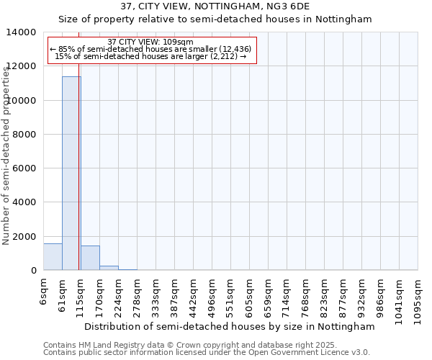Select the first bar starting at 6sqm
click(53, 257)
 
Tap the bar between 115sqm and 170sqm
click(90, 258)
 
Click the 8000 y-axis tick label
click(24, 135)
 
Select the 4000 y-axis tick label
click(24, 202)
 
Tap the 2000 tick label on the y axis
click(24, 236)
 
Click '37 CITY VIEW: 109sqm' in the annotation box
click(150, 42)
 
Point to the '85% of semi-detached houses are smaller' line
click(150, 49)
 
